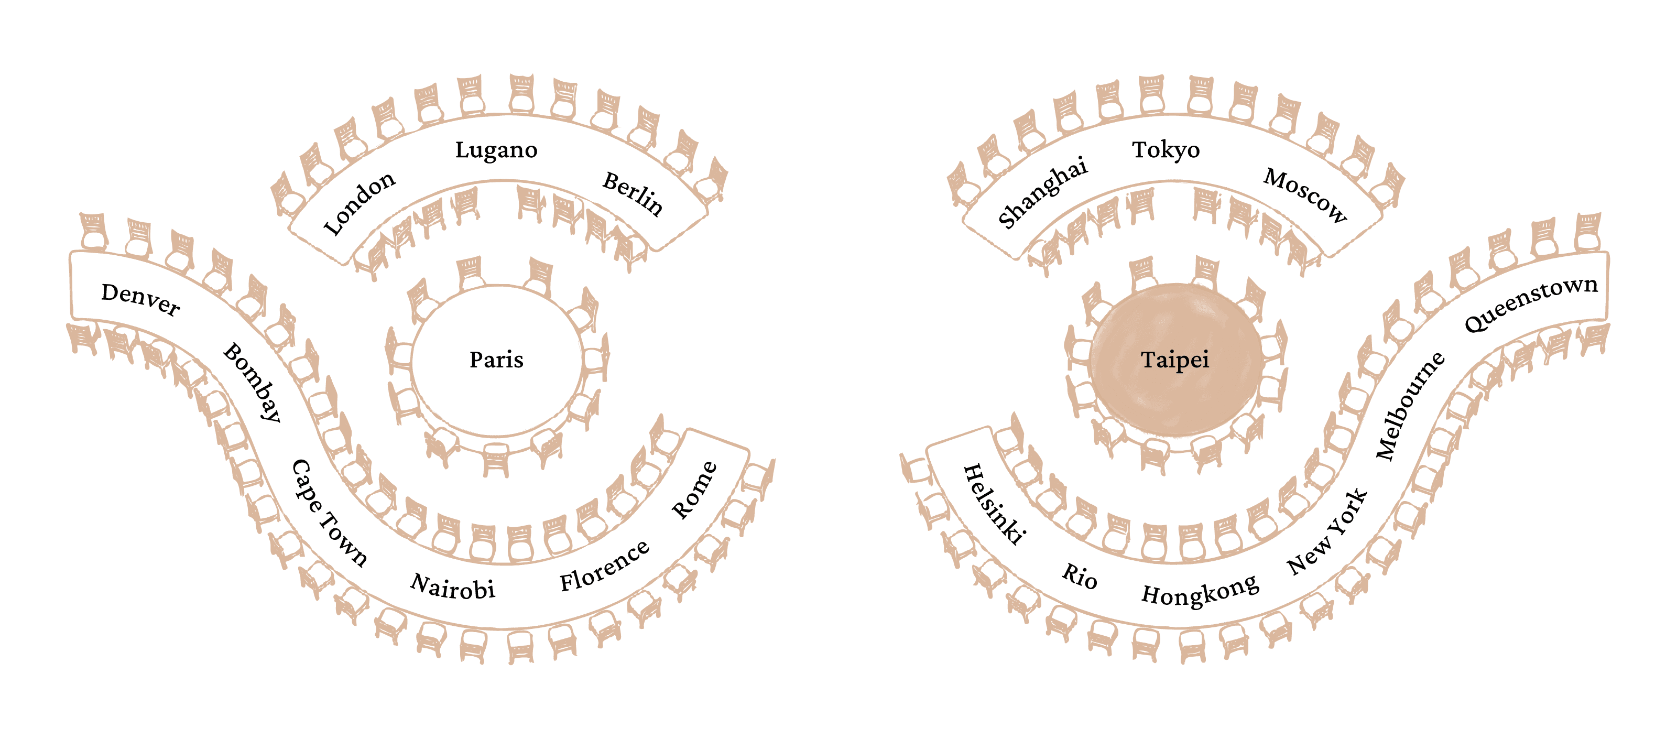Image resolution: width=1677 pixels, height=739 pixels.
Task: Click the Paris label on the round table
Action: (496, 360)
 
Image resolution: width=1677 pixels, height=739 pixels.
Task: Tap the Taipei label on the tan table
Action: (1175, 360)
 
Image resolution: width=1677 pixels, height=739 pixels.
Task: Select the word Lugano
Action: (496, 150)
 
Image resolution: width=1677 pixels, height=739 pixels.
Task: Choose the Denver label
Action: (140, 299)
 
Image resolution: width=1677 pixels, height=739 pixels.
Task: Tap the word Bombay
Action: (253, 382)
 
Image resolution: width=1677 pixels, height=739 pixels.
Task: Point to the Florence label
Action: (605, 566)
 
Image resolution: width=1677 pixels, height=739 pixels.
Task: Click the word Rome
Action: (694, 490)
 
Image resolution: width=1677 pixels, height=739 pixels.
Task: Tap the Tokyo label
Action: (1166, 150)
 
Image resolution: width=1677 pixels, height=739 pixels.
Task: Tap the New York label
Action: (1327, 532)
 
